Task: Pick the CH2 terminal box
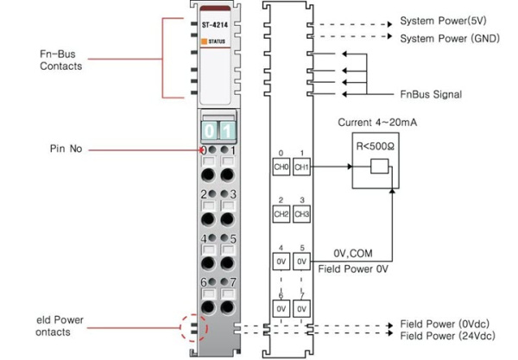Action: coord(281,212)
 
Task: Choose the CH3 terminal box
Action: coord(301,212)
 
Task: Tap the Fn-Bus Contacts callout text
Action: coord(60,59)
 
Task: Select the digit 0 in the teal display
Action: coord(209,130)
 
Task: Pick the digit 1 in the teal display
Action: coord(225,130)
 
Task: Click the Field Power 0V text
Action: coord(353,268)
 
